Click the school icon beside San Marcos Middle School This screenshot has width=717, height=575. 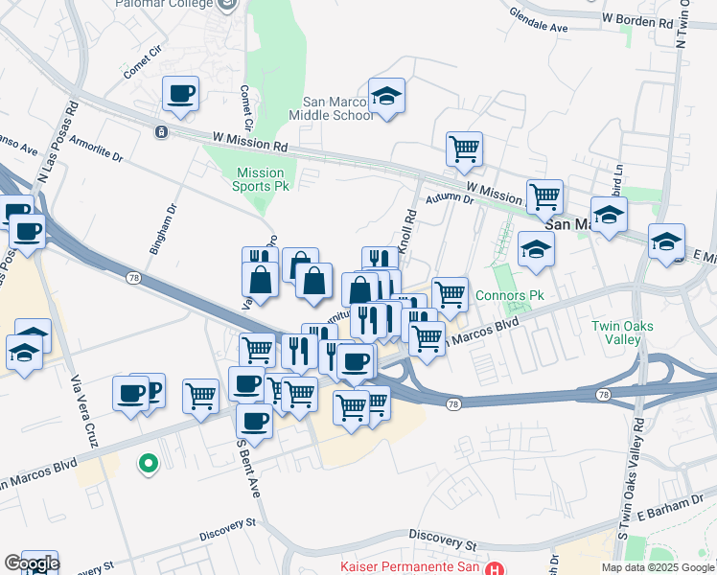[x=386, y=96]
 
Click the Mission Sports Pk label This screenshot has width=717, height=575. [x=262, y=179]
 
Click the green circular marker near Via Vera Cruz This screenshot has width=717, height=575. [x=148, y=465]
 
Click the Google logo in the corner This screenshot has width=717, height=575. [x=31, y=563]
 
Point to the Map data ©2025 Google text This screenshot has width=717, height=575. [x=659, y=567]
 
